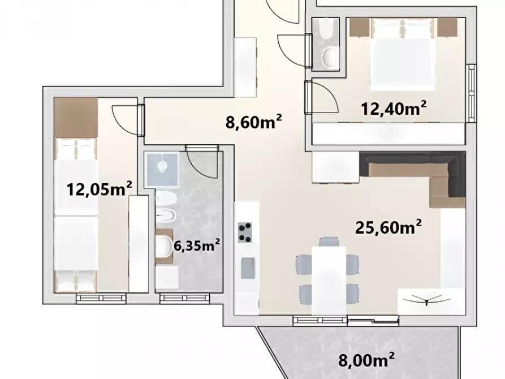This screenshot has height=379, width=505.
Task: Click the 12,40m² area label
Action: click(394, 108)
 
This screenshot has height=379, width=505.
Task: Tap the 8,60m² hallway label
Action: click(254, 122)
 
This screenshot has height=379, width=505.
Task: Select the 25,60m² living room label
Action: click(389, 227)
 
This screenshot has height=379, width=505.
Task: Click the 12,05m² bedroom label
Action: click(100, 187)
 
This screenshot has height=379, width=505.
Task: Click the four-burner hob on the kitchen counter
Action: click(245, 232)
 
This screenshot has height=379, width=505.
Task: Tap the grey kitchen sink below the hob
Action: click(247, 268)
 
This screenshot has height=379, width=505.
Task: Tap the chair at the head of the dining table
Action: click(328, 242)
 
